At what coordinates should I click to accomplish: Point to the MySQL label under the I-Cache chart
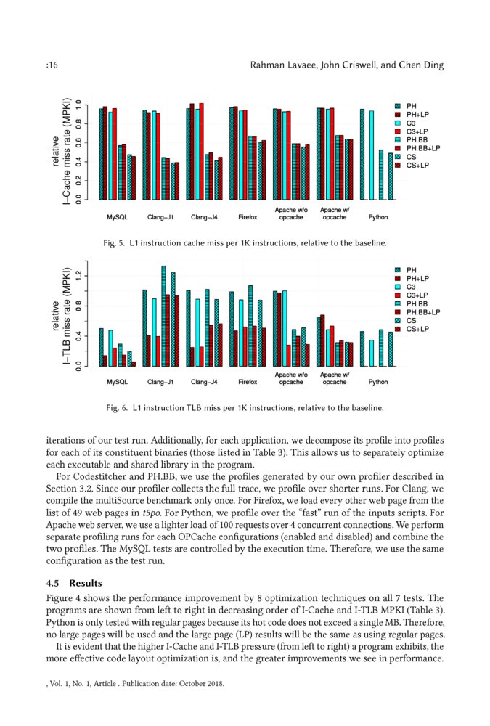(x=117, y=216)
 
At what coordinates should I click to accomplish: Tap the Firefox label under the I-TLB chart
(x=248, y=381)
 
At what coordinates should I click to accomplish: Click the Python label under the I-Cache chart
(x=377, y=216)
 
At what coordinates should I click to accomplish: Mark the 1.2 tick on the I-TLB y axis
(x=78, y=275)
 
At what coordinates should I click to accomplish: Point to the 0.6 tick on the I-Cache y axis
(x=78, y=141)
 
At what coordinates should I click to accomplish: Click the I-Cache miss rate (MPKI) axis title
(x=67, y=150)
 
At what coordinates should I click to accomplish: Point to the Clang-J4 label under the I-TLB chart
(x=204, y=381)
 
